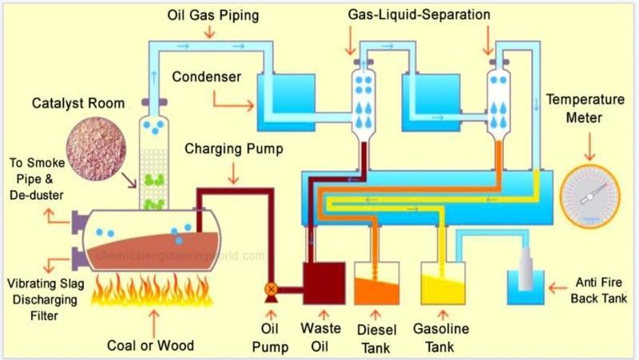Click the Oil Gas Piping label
pyautogui.click(x=213, y=15)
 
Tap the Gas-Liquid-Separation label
pyautogui.click(x=419, y=14)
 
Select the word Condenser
pyautogui.click(x=207, y=77)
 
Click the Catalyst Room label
pyautogui.click(x=78, y=104)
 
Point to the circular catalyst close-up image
pyautogui.click(x=96, y=150)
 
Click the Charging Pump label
pyautogui.click(x=234, y=148)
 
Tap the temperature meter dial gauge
pyautogui.click(x=589, y=196)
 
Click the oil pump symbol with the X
pyautogui.click(x=271, y=290)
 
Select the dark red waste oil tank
pyautogui.click(x=324, y=283)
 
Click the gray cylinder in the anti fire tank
pyautogui.click(x=526, y=268)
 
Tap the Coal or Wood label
pyautogui.click(x=150, y=346)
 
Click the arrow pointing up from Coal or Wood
pyautogui.click(x=154, y=323)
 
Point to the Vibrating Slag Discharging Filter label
pyautogui.click(x=45, y=299)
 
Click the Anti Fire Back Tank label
pyautogui.click(x=598, y=291)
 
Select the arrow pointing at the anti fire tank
pyautogui.click(x=558, y=288)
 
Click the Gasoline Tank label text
pyautogui.click(x=441, y=338)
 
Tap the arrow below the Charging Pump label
pyautogui.click(x=233, y=173)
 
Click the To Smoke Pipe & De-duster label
pyautogui.click(x=37, y=179)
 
